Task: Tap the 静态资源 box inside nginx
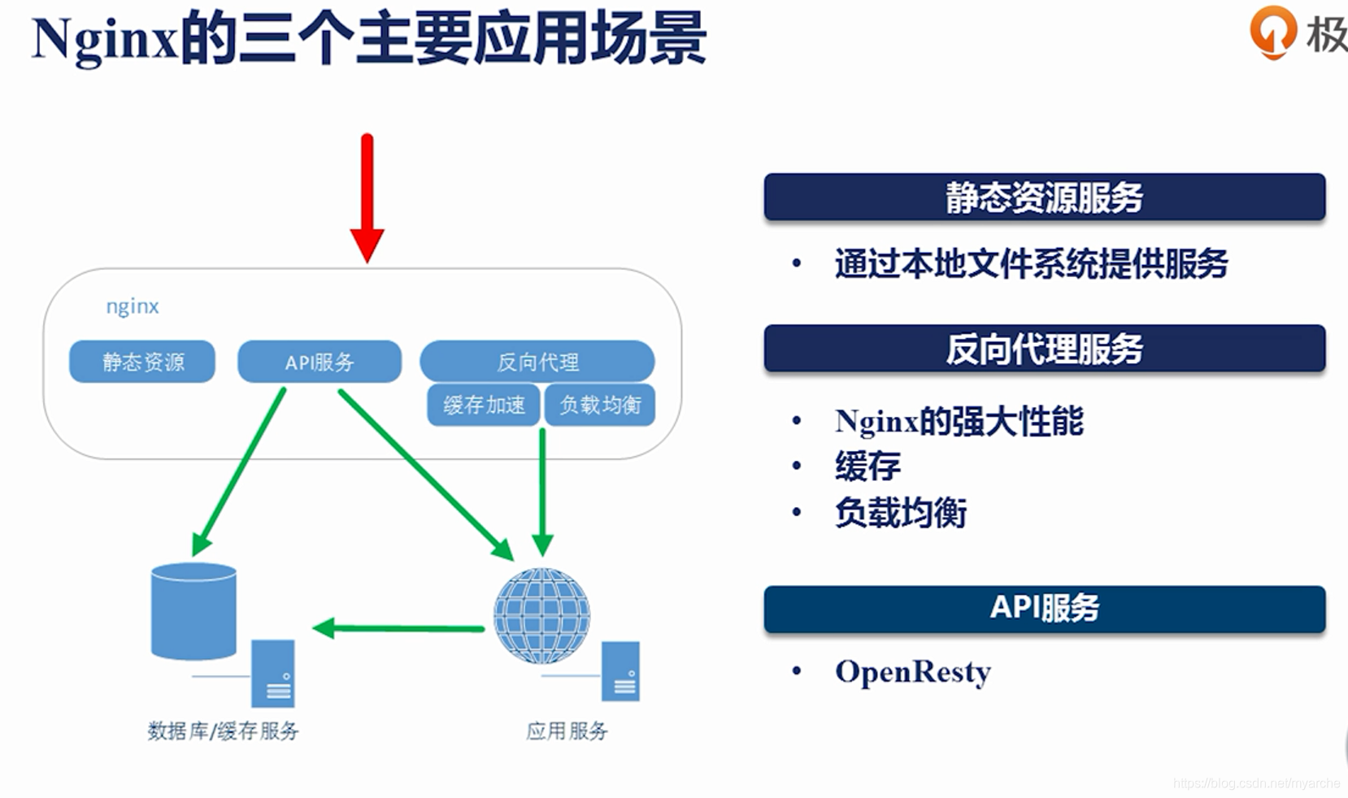click(x=142, y=362)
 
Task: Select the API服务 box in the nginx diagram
click(x=320, y=362)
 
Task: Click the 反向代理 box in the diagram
click(x=537, y=362)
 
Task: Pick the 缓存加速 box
click(x=484, y=405)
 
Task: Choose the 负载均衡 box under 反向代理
click(x=600, y=405)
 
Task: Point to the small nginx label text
click(x=133, y=306)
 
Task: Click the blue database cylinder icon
click(x=194, y=610)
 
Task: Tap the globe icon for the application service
click(x=541, y=616)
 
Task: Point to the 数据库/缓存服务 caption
click(x=223, y=731)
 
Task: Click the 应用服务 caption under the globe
click(x=567, y=731)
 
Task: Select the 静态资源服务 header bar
click(x=1044, y=197)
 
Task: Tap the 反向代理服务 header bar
click(x=1044, y=349)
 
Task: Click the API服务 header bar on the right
click(x=1044, y=608)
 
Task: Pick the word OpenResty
click(x=913, y=672)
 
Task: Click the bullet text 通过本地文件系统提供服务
click(x=1031, y=264)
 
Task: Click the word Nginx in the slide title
click(x=104, y=39)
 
